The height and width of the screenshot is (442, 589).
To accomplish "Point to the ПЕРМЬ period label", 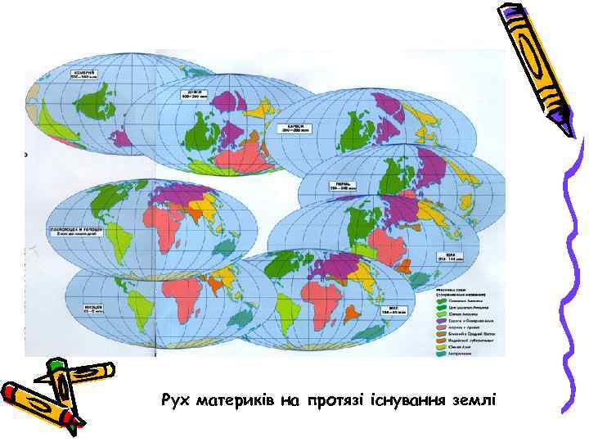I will pyautogui.click(x=340, y=185).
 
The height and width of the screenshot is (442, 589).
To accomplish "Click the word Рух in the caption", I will pyautogui.click(x=175, y=400).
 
